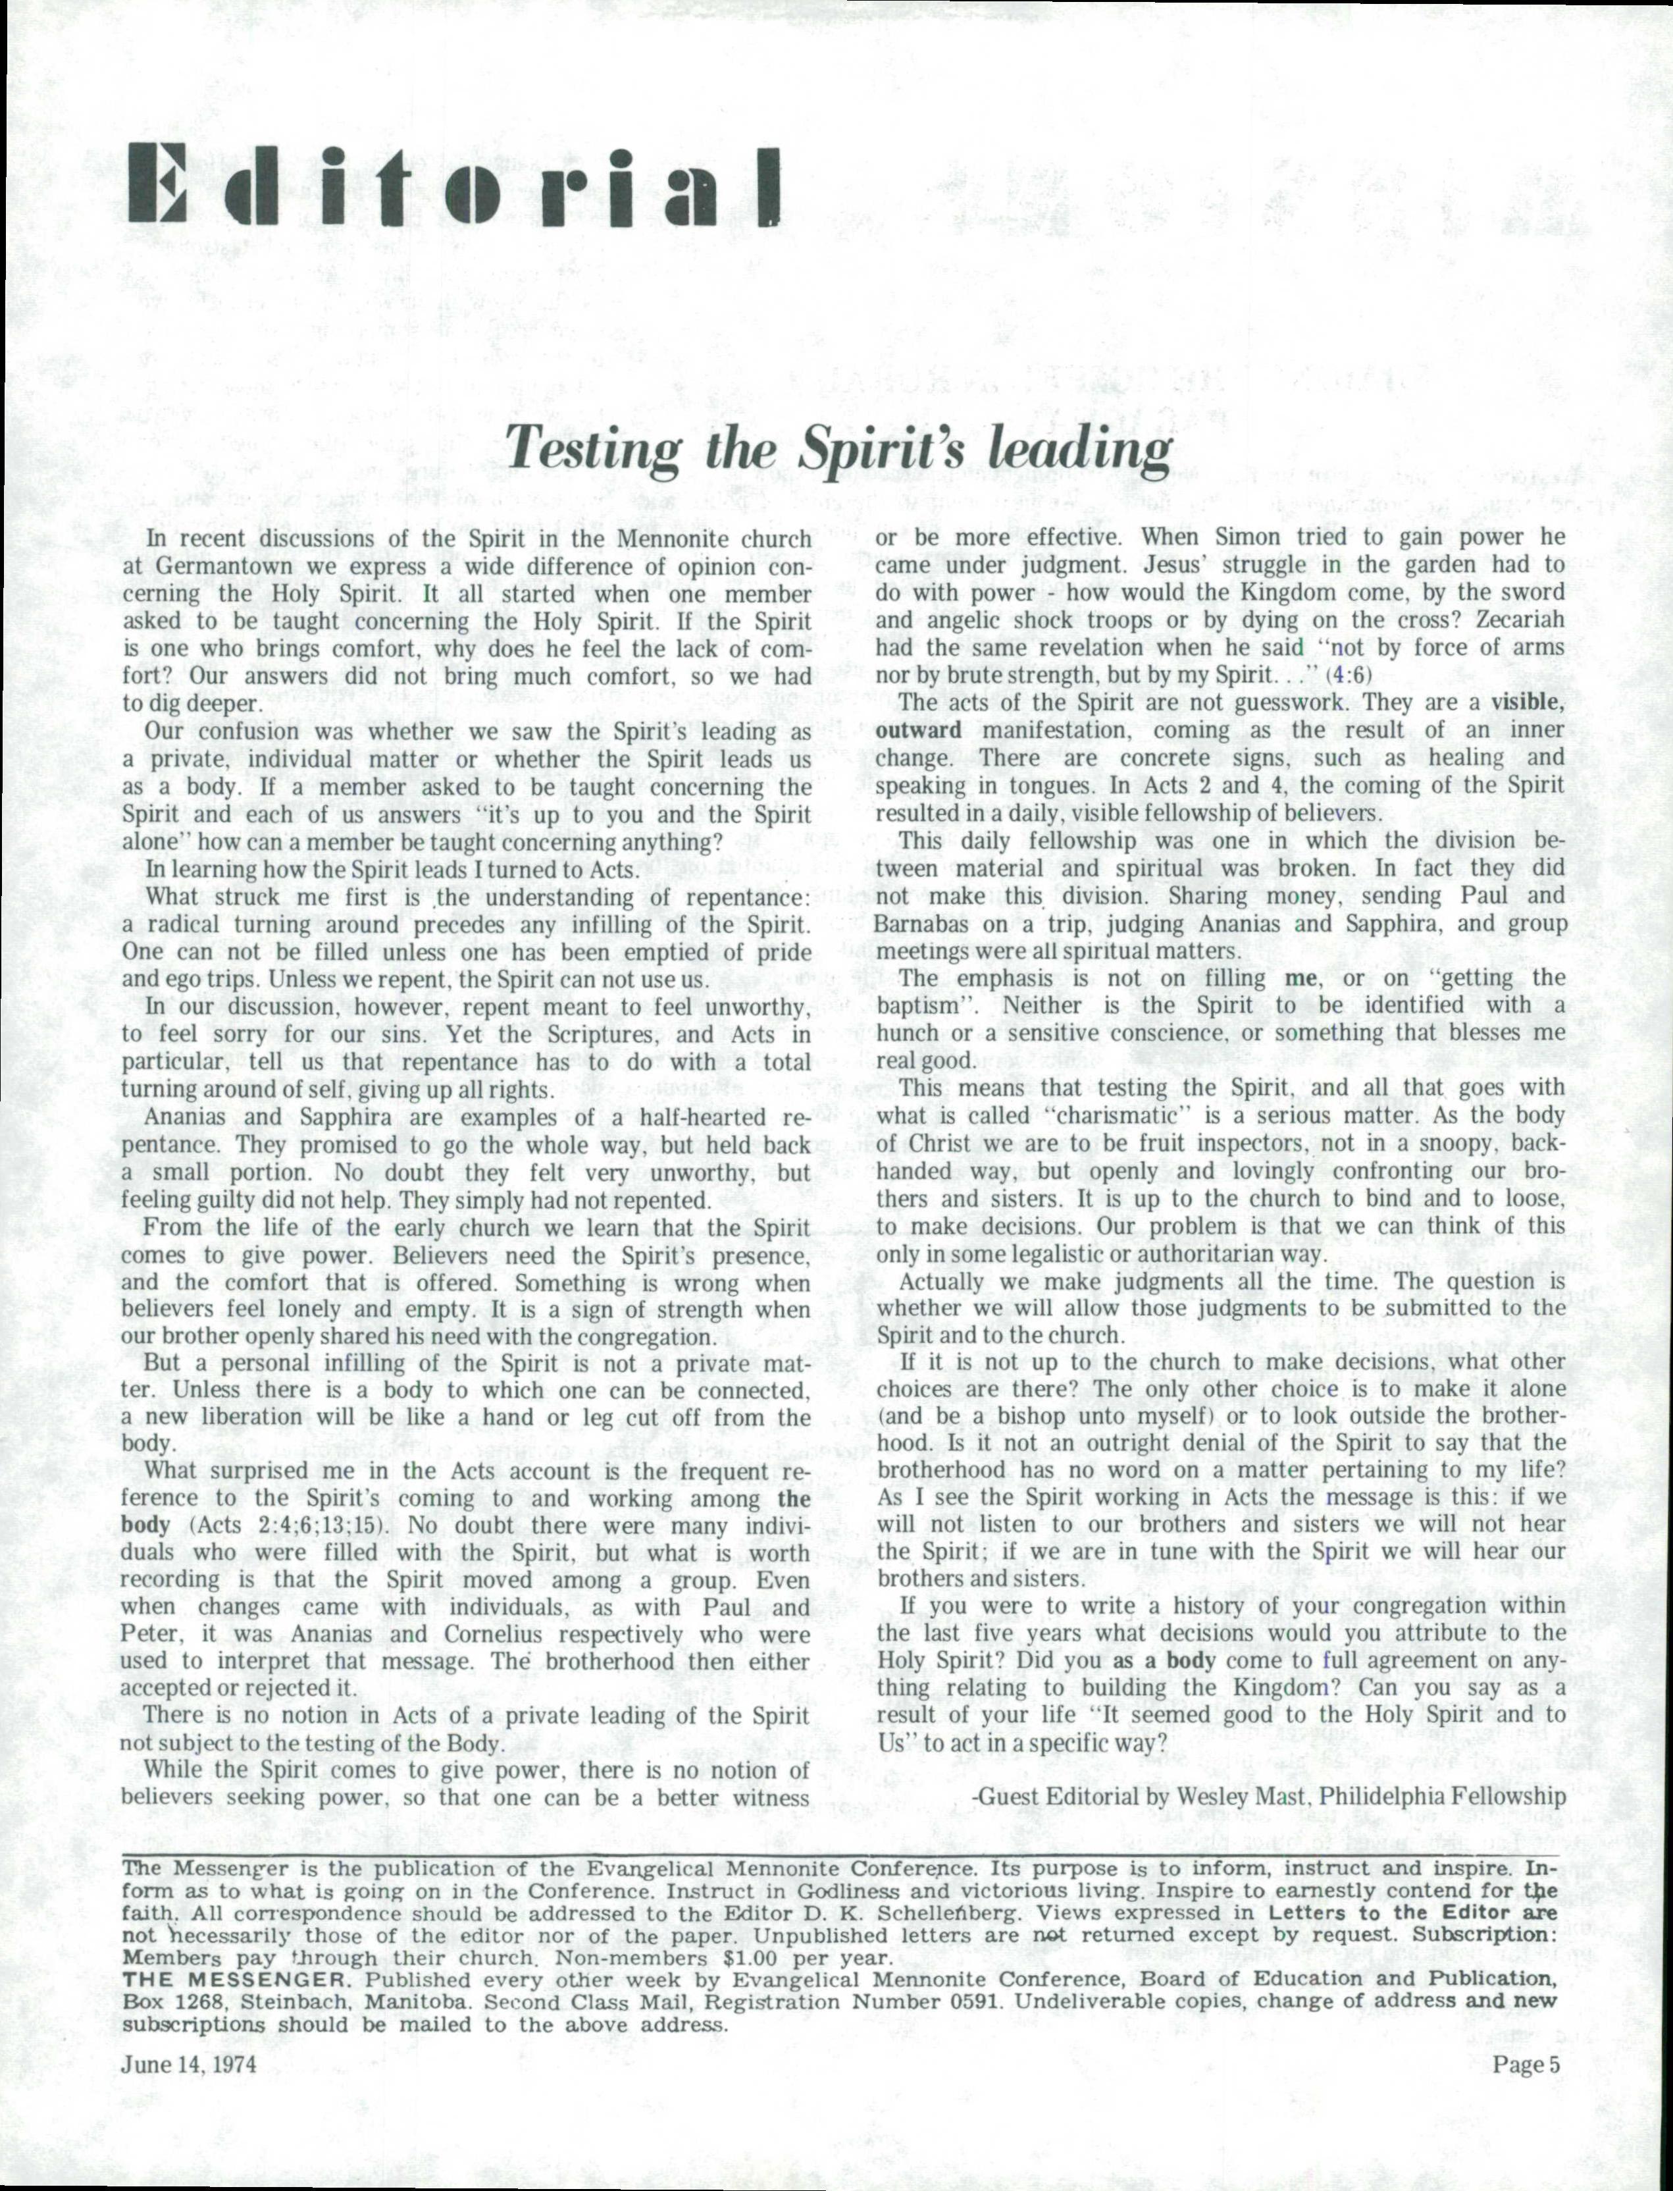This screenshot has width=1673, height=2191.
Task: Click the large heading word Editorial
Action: pos(454,186)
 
